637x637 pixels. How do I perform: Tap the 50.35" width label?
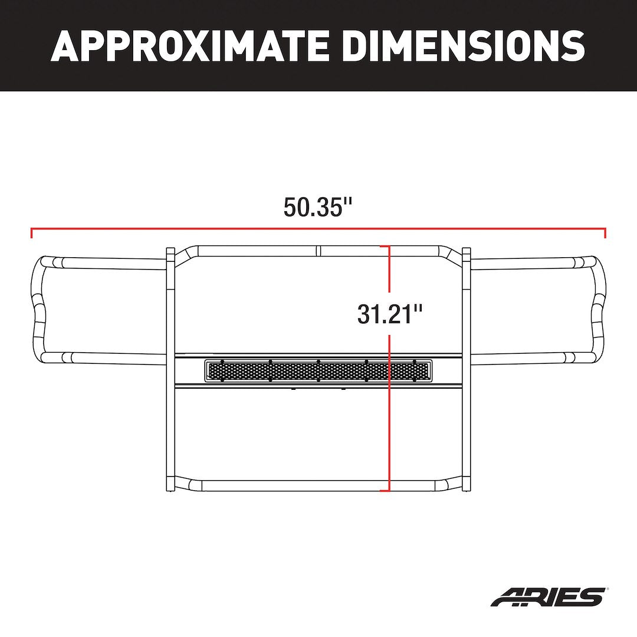pyautogui.click(x=318, y=207)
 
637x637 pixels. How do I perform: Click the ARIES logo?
pyautogui.click(x=548, y=596)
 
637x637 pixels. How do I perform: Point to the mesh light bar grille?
pyautogui.click(x=318, y=370)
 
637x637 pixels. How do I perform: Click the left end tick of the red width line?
pyautogui.click(x=31, y=232)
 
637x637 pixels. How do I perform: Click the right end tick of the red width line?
pyautogui.click(x=605, y=232)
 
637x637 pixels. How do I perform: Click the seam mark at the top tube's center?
pyautogui.click(x=318, y=250)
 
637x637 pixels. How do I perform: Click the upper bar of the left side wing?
pyautogui.click(x=112, y=263)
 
